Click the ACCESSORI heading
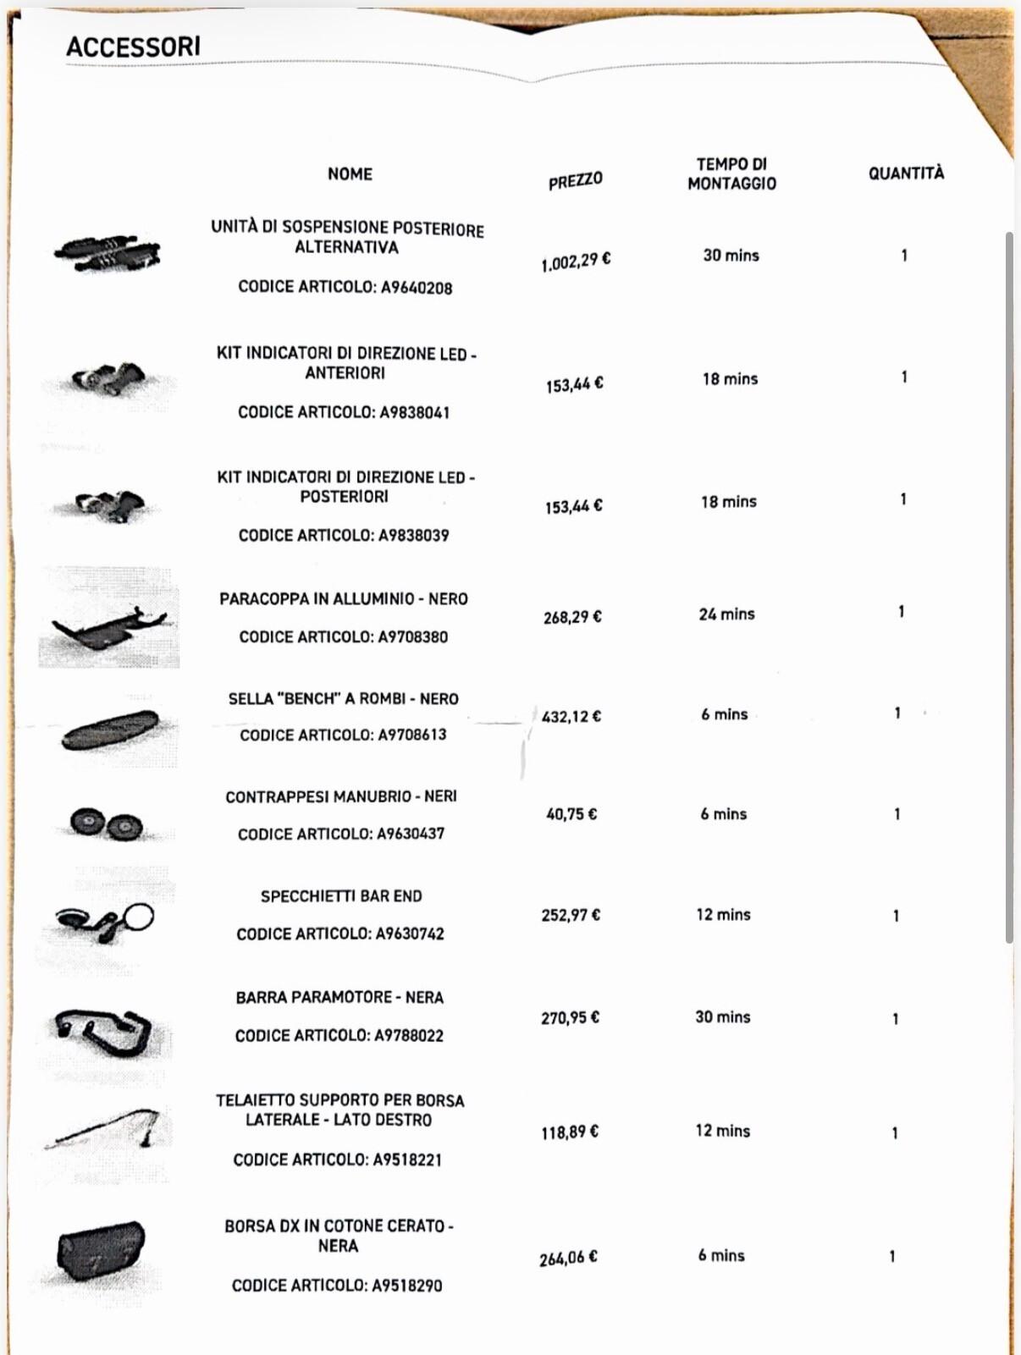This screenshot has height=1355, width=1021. coord(133,47)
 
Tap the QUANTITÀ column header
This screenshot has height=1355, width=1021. coord(905,174)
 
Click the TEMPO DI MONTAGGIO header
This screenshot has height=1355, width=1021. coord(731,174)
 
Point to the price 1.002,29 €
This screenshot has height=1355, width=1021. coord(576,262)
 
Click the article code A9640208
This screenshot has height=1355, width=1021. coord(417,288)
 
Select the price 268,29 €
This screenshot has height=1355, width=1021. coord(572,617)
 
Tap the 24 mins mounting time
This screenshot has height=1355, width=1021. coord(726,614)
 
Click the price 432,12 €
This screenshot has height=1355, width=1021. coord(571,717)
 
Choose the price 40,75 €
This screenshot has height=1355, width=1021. coord(571,814)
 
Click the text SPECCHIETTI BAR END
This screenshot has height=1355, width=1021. coord(341,896)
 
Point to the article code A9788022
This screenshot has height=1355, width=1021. coord(409,1036)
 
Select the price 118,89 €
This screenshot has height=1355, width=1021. coord(570,1132)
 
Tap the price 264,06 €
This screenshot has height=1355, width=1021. coord(568,1259)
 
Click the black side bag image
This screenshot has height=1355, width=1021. coord(102,1252)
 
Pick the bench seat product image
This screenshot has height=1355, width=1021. coord(110,730)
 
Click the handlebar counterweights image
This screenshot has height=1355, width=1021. coord(107,823)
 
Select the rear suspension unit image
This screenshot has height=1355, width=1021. coord(108,252)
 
